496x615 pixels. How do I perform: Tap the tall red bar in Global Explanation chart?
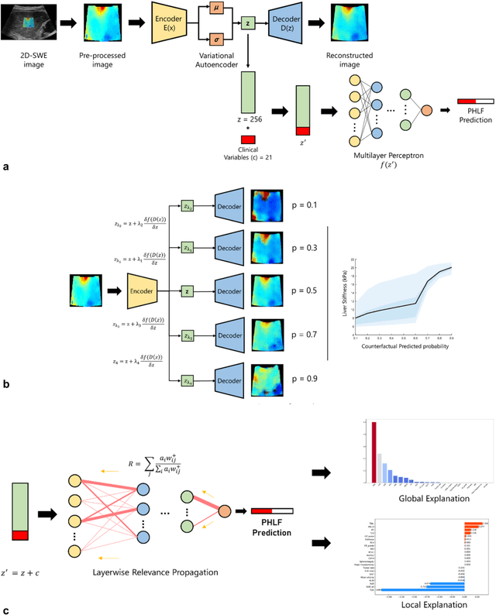point(375,452)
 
